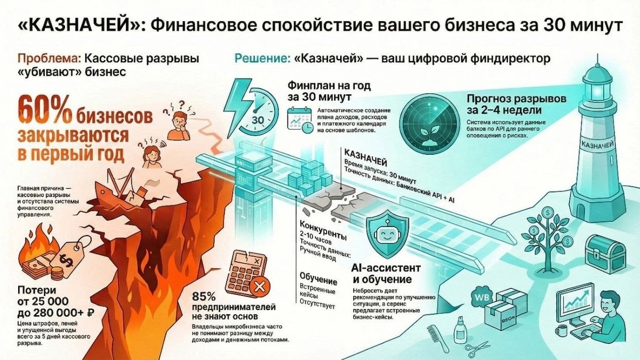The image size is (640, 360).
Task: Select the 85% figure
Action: click(x=204, y=296)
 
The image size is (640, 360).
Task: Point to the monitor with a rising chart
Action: click(x=575, y=304)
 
